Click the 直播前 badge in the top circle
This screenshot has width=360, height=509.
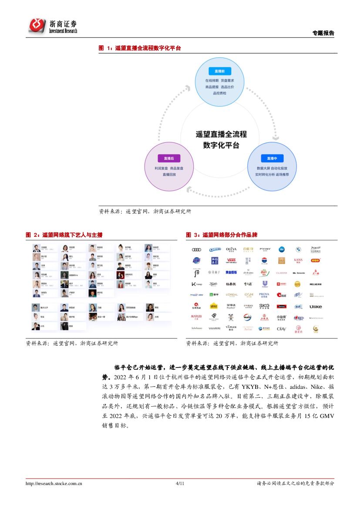pos(219,71)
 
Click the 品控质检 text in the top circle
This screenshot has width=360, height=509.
pos(219,93)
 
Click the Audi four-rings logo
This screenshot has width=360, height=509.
pos(196,249)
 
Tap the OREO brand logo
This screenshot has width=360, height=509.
pos(214,249)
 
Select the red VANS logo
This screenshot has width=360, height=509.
pos(231,261)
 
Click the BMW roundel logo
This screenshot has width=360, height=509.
pos(298,249)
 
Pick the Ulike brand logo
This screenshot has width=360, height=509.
pos(316,307)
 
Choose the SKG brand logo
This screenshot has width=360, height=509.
pos(264,306)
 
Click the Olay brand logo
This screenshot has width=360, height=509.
pos(281,329)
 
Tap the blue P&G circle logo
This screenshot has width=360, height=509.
pos(281,249)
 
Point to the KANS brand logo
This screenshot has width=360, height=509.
pos(298,260)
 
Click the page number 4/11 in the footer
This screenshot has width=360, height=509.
pos(180,483)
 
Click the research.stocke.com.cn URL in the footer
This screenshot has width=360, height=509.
pos(54,483)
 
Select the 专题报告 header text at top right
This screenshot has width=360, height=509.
pos(323,33)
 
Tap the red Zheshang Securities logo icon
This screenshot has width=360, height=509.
pos(37,26)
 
